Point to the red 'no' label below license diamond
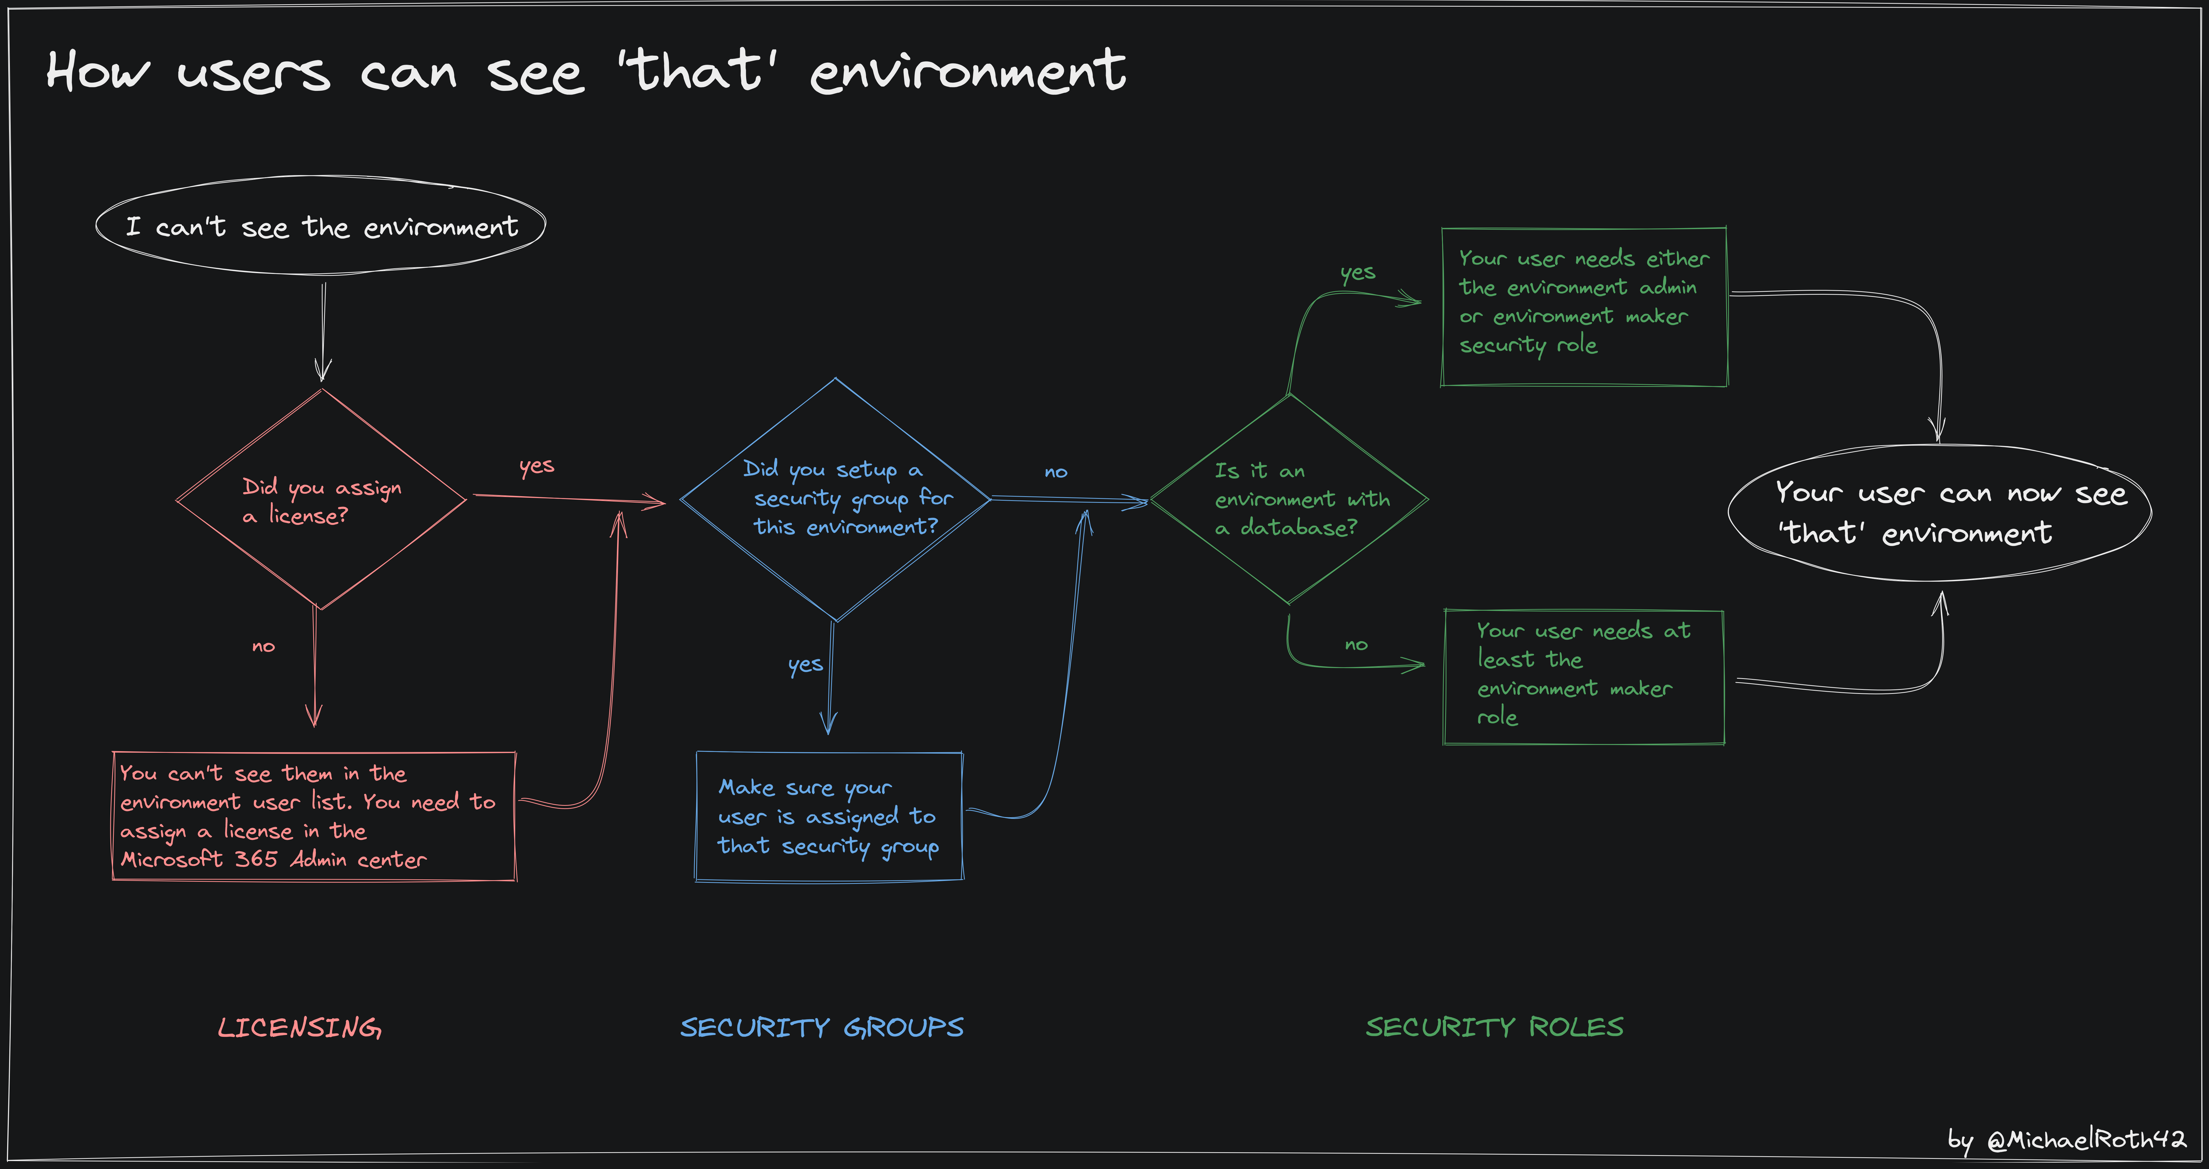point(263,646)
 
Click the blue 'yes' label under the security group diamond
point(805,665)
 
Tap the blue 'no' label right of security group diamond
point(1056,472)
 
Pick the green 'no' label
point(1356,645)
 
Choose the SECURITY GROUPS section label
point(822,1027)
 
